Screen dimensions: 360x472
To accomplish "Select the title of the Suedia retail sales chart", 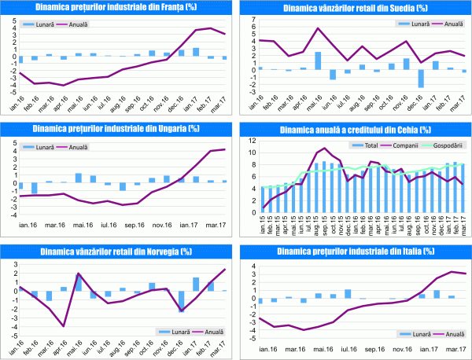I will click(x=353, y=8).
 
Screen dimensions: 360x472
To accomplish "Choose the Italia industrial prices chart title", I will click(x=353, y=251).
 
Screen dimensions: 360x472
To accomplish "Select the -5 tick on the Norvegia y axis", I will click(x=7, y=336).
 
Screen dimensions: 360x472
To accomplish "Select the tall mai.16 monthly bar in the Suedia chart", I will click(x=318, y=61).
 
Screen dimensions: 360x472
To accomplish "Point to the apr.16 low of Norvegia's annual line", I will click(x=62, y=325).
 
